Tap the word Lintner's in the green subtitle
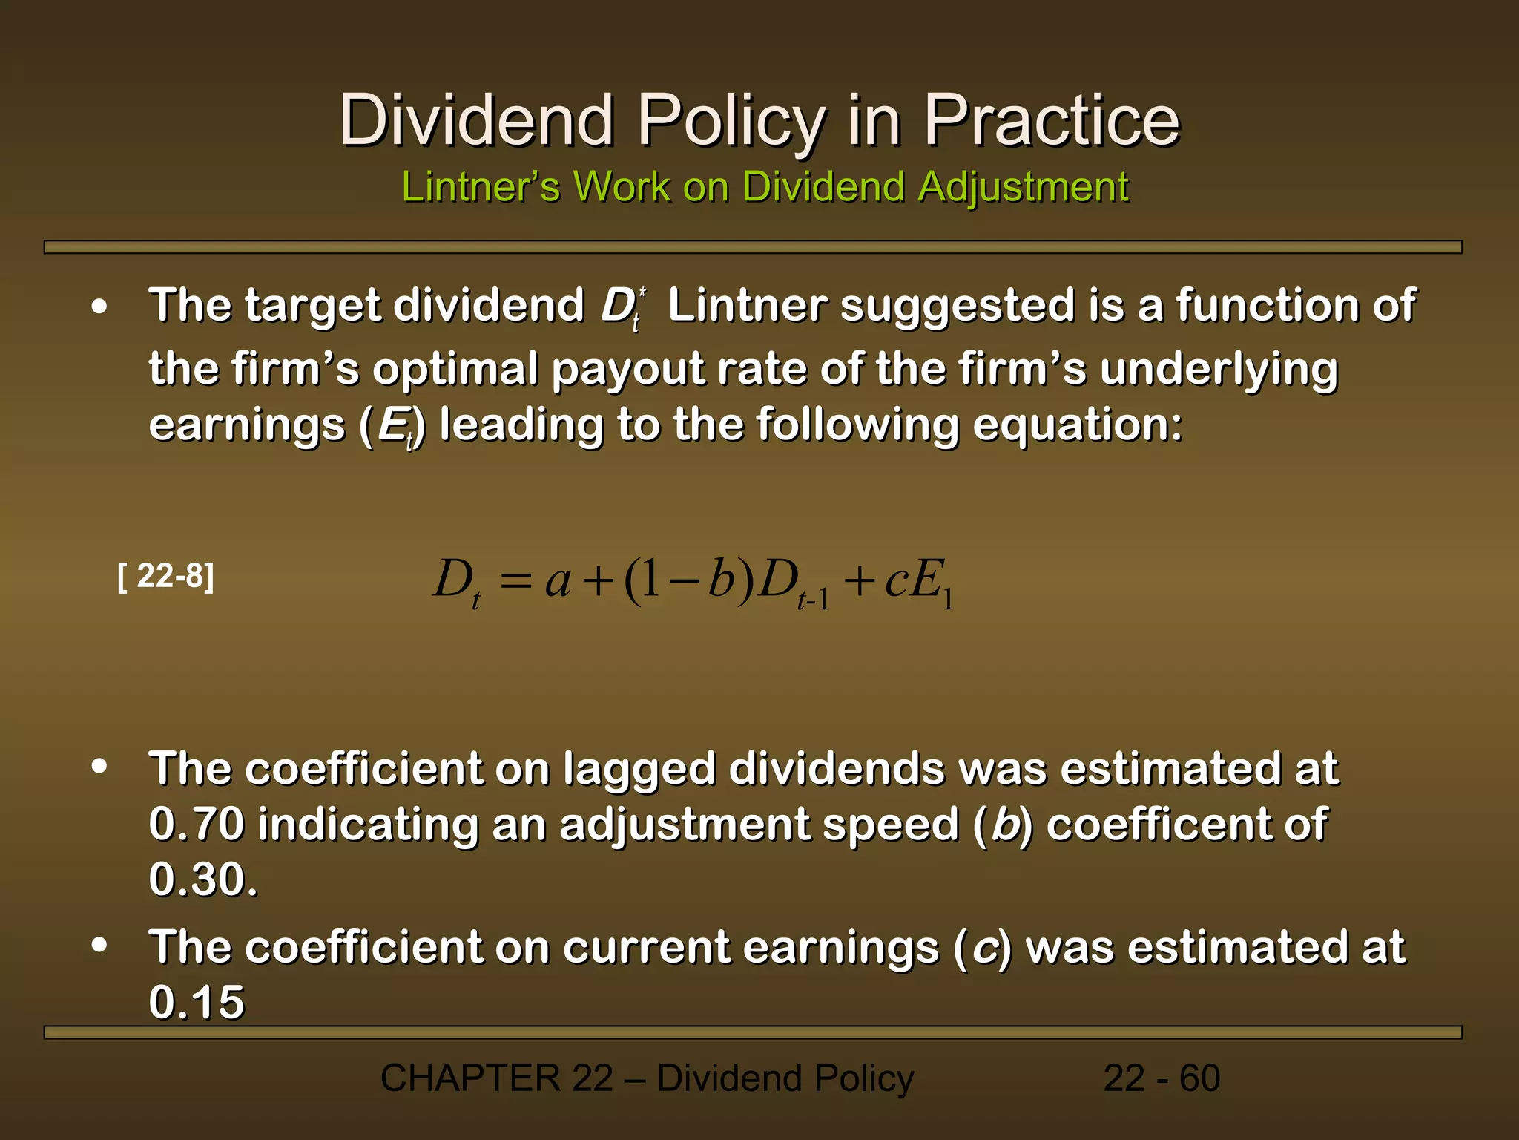[x=480, y=186]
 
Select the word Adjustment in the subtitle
[x=1023, y=186]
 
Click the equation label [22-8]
[x=166, y=576]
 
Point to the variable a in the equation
[x=558, y=580]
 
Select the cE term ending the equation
[x=917, y=580]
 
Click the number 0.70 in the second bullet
[x=197, y=824]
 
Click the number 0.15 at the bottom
[x=197, y=1002]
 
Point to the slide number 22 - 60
[x=1162, y=1078]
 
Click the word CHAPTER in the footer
[x=470, y=1078]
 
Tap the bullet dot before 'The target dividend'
[x=99, y=306]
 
